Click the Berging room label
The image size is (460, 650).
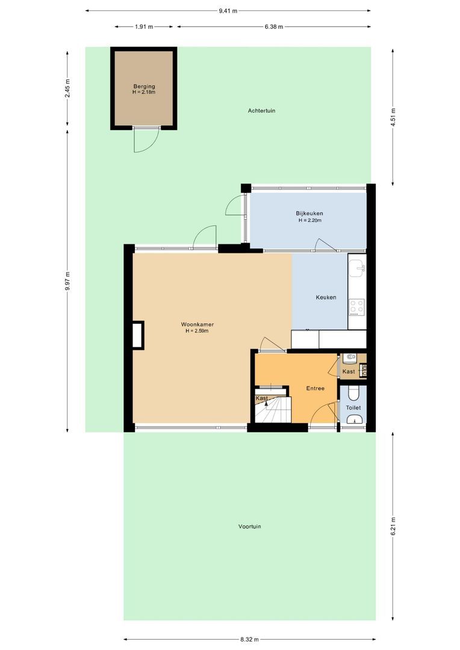tap(144, 87)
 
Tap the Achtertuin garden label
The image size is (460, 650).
tap(261, 111)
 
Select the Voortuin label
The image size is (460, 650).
tap(249, 527)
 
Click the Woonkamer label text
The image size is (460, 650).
tap(197, 324)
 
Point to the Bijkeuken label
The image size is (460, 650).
tap(309, 214)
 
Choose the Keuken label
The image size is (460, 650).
tap(326, 297)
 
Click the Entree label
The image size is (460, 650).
tap(315, 388)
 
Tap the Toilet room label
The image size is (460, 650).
tap(353, 407)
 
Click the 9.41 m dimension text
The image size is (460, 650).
tap(228, 10)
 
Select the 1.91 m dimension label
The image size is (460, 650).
tap(143, 26)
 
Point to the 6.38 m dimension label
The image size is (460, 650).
tap(273, 26)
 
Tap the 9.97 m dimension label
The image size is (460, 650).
tap(67, 281)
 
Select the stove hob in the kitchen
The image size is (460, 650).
tap(357, 307)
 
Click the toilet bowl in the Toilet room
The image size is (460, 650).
tap(354, 393)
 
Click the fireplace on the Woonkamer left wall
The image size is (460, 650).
tap(138, 335)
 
